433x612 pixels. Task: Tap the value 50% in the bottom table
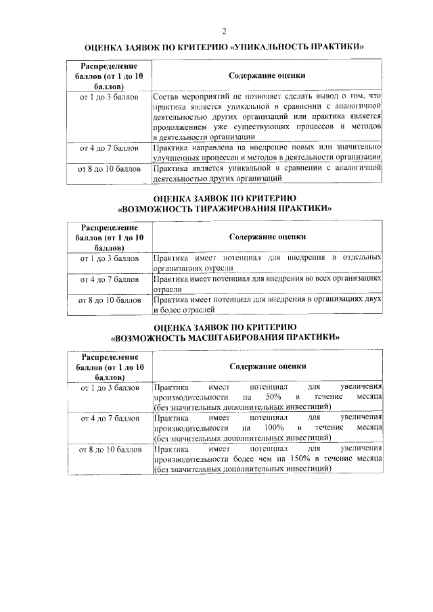tap(273, 397)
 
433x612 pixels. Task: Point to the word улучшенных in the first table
tap(178, 157)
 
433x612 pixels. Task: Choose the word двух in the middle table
tap(374, 299)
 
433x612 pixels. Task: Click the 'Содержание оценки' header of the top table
tap(267, 76)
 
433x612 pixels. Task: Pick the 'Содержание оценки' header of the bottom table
tap(267, 366)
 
